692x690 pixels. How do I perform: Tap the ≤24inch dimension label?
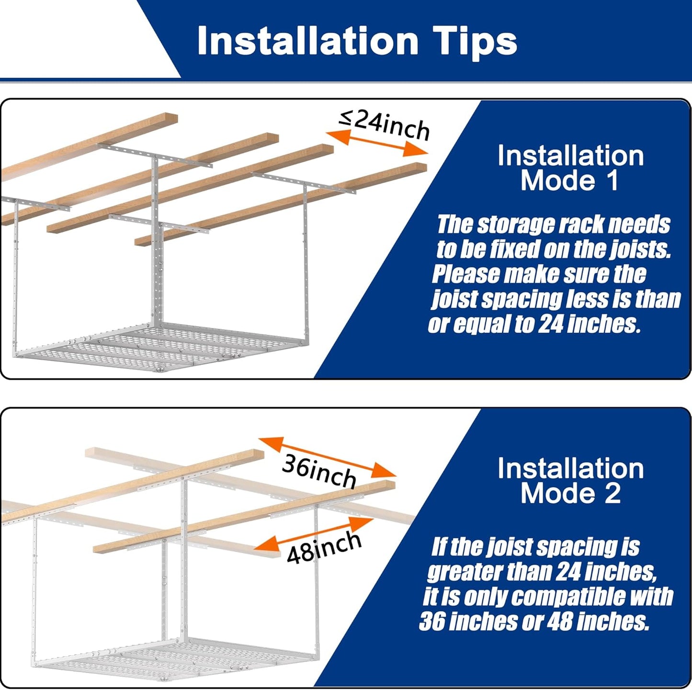tap(384, 124)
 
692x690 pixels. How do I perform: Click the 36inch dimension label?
tap(318, 471)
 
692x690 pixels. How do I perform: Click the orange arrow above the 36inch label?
tap(328, 457)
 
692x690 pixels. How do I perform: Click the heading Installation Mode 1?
tap(570, 168)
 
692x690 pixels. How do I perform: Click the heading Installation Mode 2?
tap(570, 481)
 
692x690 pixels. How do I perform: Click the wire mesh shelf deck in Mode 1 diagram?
tap(144, 347)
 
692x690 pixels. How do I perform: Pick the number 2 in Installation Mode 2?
tap(612, 494)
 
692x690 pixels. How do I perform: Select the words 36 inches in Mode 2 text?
tap(467, 622)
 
